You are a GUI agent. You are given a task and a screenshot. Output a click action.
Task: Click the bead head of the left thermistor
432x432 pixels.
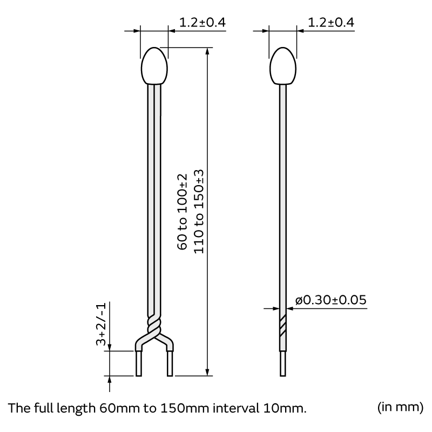click(154, 66)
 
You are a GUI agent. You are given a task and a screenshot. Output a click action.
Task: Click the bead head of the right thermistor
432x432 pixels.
click(282, 66)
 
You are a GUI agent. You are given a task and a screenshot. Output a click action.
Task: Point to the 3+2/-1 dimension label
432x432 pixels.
click(101, 324)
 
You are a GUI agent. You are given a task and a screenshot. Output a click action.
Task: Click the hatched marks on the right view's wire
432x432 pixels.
click(282, 324)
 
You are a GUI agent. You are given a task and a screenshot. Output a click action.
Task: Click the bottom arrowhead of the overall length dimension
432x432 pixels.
click(207, 372)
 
